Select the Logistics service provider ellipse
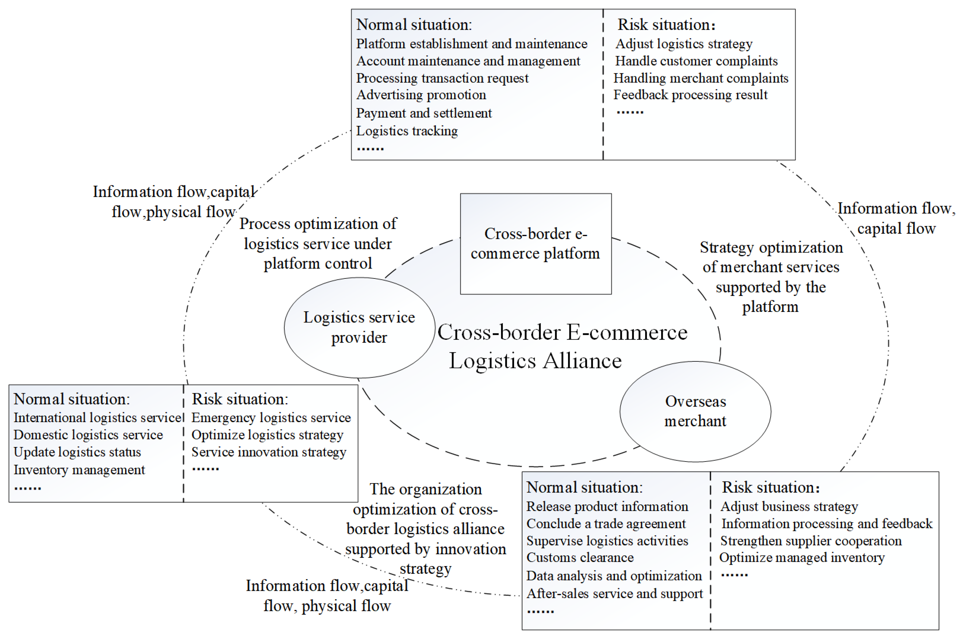pyautogui.click(x=359, y=327)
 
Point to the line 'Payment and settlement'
pyautogui.click(x=423, y=113)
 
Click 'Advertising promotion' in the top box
pyautogui.click(x=421, y=95)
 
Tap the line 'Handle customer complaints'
pyautogui.click(x=696, y=61)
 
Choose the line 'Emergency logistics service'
pyautogui.click(x=271, y=418)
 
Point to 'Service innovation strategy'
pyautogui.click(x=268, y=452)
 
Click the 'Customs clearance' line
pyautogui.click(x=580, y=558)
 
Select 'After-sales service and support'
pyautogui.click(x=614, y=594)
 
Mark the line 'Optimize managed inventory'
pyautogui.click(x=802, y=558)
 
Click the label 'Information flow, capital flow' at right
pyautogui.click(x=896, y=218)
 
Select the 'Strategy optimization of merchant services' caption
pyautogui.click(x=771, y=277)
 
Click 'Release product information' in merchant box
pyautogui.click(x=607, y=506)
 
